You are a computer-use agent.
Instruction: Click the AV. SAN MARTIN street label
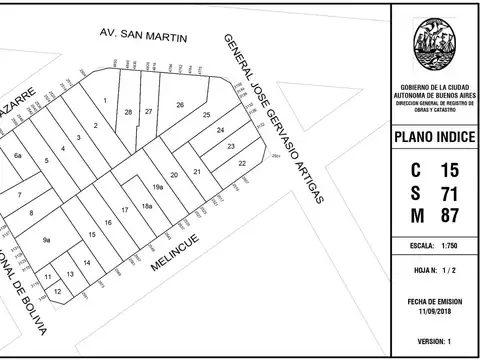(x=144, y=36)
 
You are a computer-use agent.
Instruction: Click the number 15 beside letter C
(x=450, y=169)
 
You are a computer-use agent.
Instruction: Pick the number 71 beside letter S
(x=450, y=192)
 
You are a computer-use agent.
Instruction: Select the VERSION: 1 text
(x=434, y=341)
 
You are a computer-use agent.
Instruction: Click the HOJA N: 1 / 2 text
(x=434, y=271)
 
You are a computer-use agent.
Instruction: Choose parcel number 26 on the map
(x=180, y=104)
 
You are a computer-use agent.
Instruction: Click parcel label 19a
(x=158, y=187)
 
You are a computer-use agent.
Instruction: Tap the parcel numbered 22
(x=242, y=161)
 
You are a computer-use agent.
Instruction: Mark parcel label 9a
(x=46, y=240)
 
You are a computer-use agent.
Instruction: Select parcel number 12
(x=57, y=291)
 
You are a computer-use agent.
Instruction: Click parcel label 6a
(x=18, y=156)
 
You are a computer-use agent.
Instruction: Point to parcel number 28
(x=128, y=111)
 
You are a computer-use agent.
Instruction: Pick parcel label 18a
(x=146, y=205)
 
